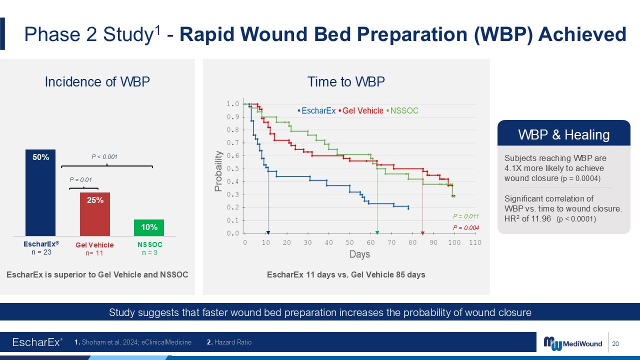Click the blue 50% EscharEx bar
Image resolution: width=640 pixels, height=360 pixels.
[40, 192]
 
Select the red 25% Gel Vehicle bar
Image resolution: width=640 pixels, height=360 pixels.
[95, 214]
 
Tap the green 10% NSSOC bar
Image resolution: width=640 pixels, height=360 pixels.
[149, 227]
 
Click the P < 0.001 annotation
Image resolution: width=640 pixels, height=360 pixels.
[104, 157]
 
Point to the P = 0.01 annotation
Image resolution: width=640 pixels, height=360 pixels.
[80, 180]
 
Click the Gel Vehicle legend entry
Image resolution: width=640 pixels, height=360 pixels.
[361, 110]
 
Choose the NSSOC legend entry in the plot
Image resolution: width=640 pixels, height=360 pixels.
[402, 110]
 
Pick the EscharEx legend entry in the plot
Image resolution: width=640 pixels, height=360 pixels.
[316, 110]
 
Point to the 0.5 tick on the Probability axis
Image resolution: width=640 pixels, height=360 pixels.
[232, 169]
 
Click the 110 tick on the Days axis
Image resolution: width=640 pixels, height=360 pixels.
[475, 242]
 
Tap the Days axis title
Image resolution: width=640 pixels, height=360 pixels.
[359, 254]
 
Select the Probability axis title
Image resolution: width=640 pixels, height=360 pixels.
[218, 171]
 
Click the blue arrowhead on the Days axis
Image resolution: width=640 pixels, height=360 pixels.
[268, 233]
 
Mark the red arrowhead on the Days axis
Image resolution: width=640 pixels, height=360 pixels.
[423, 233]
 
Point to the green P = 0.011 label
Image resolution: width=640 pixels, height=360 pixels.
[465, 216]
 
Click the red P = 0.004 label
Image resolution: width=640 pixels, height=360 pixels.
[465, 227]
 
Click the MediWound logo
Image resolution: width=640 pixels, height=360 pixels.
[572, 343]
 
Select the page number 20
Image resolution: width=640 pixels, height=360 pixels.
[615, 343]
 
